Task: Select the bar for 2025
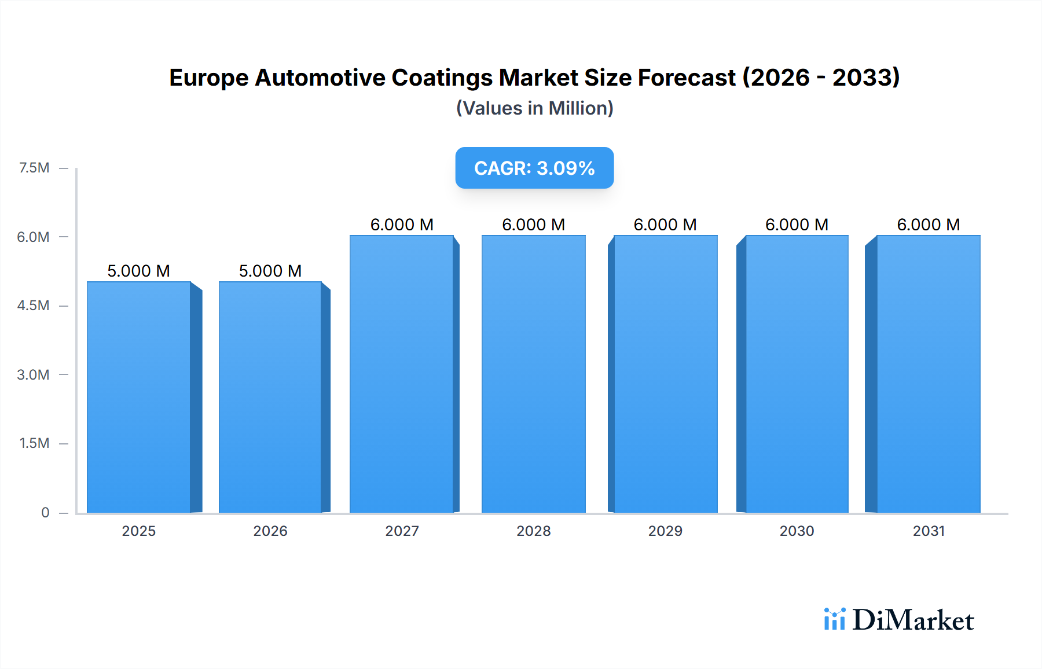pos(139,397)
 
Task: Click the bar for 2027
pos(402,374)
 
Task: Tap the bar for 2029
pos(665,374)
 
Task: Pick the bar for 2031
pos(929,374)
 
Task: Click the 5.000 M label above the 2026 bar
pos(270,271)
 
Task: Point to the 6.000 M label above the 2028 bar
pos(533,225)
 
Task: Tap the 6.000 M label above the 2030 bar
pos(797,225)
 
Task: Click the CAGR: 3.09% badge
pos(534,168)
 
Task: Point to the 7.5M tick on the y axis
pos(34,168)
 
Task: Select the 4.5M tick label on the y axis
pos(33,306)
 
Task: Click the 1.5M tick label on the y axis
pos(34,443)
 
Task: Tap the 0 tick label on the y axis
pos(45,512)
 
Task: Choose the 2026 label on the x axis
pos(270,531)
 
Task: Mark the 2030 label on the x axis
pos(797,531)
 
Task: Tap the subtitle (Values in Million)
pos(534,108)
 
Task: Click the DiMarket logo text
pos(913,620)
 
